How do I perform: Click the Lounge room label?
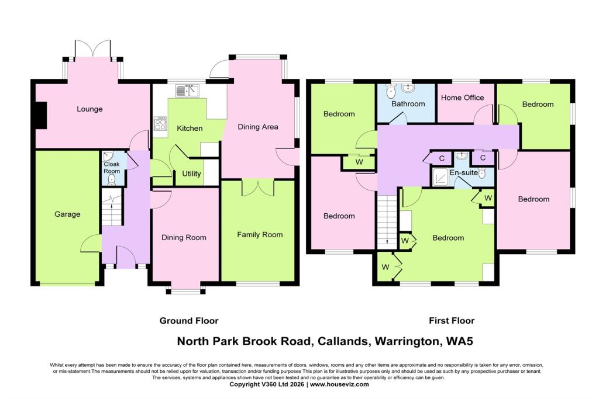89,109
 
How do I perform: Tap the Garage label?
67,214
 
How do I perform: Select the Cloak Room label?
112,168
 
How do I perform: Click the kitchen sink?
187,90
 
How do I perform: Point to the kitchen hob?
160,123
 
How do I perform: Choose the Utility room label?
191,174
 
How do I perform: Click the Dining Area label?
257,127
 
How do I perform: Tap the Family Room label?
260,235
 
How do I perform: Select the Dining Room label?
184,238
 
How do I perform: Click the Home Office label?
462,98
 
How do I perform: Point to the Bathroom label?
408,104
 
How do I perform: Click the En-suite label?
463,173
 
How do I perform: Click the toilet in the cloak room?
112,180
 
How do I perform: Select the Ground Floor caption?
189,321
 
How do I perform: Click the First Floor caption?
451,321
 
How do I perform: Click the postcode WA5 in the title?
467,341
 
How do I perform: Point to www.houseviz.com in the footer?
339,384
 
